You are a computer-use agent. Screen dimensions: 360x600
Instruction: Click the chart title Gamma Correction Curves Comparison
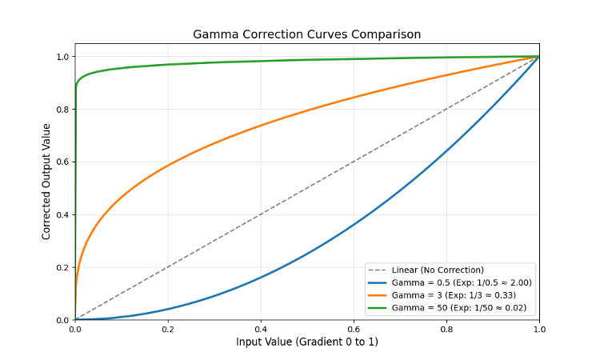[x=306, y=34]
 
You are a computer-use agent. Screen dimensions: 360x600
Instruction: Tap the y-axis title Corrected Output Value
[x=46, y=181]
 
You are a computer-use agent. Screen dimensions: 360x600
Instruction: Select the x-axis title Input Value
[x=306, y=342]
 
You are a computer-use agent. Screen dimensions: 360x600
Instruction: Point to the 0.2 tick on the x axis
[x=168, y=327]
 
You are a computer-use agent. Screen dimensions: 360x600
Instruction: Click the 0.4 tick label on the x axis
[x=261, y=327]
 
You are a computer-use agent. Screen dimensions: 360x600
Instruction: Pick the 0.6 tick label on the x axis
[x=354, y=327]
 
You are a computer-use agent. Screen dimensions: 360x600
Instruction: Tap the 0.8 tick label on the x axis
[x=446, y=327]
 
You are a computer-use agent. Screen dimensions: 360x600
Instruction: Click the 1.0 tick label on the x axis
[x=539, y=327]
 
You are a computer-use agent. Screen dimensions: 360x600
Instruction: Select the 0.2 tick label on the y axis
[x=63, y=267]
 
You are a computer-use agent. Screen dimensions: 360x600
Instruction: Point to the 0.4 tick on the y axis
[x=63, y=214]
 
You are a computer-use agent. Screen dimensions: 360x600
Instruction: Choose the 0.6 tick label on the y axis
[x=63, y=162]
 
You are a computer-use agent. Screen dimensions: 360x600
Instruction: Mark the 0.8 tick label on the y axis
[x=63, y=109]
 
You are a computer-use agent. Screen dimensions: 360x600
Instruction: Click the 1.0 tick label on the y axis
[x=63, y=57]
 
